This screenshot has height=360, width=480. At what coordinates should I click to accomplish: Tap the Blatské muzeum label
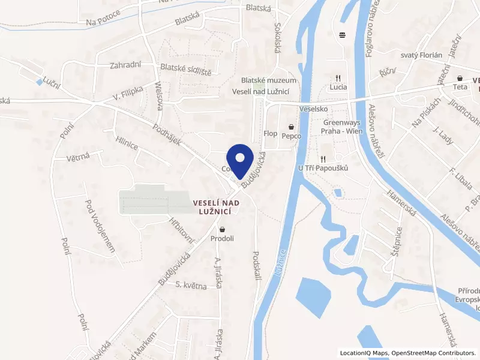click(x=268, y=80)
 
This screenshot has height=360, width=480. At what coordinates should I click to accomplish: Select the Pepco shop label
click(x=292, y=136)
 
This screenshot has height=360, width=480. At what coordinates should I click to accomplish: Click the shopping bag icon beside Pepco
click(x=292, y=127)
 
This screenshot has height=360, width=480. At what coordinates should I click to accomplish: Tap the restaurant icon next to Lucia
click(x=338, y=77)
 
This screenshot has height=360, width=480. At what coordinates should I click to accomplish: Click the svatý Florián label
click(x=421, y=55)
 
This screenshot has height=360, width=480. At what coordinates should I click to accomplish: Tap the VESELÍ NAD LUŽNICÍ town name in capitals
click(x=216, y=207)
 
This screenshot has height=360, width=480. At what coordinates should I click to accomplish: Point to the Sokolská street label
click(x=278, y=38)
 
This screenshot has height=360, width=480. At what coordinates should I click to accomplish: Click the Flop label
click(x=270, y=133)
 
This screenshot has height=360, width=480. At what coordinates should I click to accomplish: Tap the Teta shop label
click(x=460, y=87)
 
